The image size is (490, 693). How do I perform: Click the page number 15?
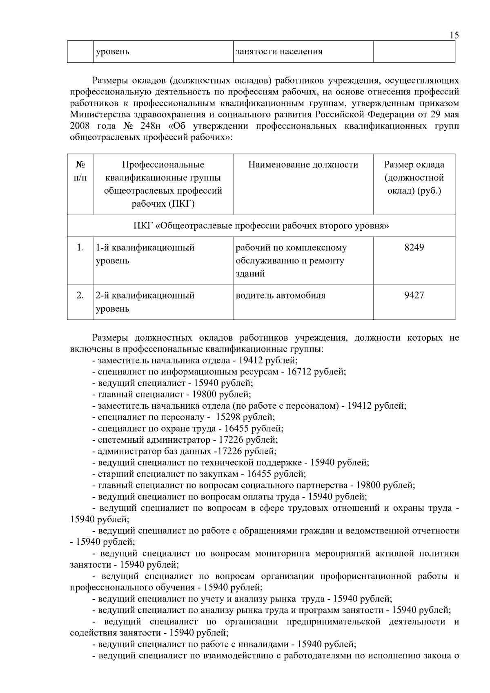click(454, 35)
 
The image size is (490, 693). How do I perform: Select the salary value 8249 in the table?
click(414, 247)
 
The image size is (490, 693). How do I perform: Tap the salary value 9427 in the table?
click(414, 295)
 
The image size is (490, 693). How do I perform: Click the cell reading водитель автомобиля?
click(281, 295)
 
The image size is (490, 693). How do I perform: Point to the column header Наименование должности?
click(303, 165)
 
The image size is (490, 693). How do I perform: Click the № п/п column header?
click(80, 172)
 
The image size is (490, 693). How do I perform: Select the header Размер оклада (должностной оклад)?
click(414, 178)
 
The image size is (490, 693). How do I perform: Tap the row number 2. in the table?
click(80, 295)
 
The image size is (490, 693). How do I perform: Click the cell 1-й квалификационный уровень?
click(145, 254)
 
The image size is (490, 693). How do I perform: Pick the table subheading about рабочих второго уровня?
click(261, 226)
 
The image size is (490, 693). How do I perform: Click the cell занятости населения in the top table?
click(279, 52)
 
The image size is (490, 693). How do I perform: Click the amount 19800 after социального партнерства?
click(368, 486)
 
